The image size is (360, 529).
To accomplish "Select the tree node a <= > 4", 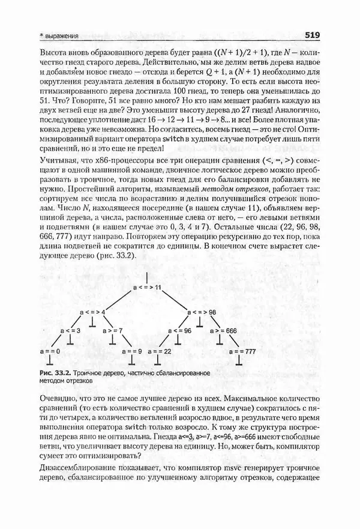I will [92, 312].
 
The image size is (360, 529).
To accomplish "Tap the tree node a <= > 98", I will [200, 312].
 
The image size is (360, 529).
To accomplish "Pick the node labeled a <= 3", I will [68, 331].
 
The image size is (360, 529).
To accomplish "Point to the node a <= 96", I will [179, 331].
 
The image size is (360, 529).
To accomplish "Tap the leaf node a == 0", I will [49, 349].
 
